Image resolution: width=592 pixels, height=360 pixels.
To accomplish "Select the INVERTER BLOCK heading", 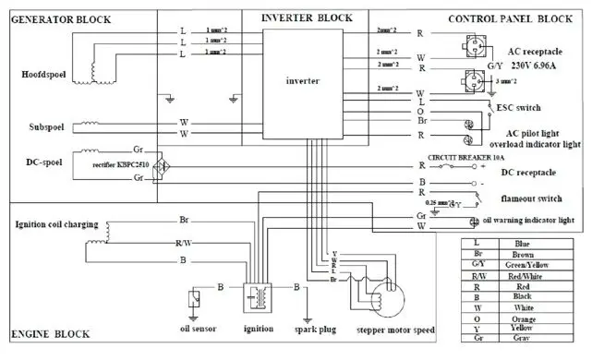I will coord(306,18).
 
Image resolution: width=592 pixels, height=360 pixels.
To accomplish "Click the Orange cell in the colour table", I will coord(537,319).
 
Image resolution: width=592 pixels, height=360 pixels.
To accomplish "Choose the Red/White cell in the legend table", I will coord(537,276).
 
